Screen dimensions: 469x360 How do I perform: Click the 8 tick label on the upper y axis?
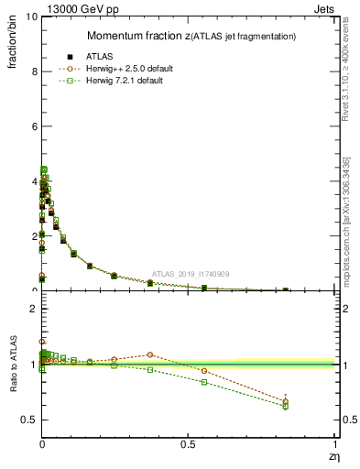(33, 71)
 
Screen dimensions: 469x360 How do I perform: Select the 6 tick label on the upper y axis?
(33, 126)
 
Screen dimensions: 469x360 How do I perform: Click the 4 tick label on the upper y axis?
(33, 181)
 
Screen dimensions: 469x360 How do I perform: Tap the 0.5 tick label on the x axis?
(188, 443)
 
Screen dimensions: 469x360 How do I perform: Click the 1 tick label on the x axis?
(334, 443)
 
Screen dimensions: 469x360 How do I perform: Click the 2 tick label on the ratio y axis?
(33, 310)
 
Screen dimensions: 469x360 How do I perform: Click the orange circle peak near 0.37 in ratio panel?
(150, 354)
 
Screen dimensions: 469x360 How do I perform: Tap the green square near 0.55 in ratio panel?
(204, 382)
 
